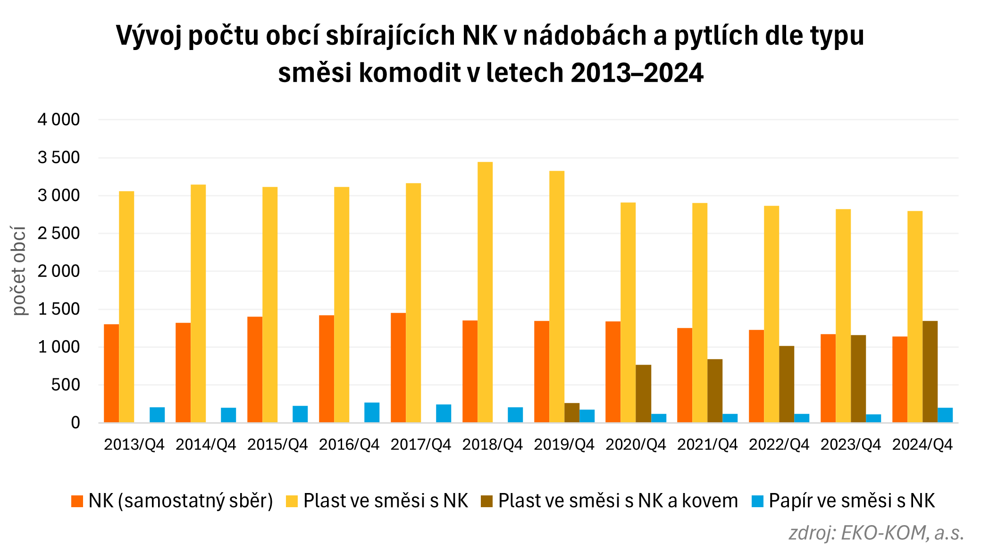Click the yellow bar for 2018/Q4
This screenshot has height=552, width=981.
click(485, 293)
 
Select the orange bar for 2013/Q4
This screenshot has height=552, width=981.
click(111, 373)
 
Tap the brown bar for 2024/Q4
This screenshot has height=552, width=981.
click(930, 372)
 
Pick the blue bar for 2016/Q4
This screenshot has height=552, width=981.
click(372, 412)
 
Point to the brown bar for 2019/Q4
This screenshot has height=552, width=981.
click(572, 413)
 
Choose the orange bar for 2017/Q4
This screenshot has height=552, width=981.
click(398, 368)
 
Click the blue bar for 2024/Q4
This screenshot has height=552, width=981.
click(945, 415)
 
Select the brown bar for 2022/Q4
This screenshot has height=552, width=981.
click(787, 384)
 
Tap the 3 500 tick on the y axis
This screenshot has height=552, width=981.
click(59, 158)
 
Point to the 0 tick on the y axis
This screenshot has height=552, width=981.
click(75, 423)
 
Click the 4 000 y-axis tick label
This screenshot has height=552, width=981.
click(59, 120)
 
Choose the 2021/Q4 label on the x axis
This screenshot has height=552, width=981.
click(707, 444)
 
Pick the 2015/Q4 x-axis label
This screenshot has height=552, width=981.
click(277, 444)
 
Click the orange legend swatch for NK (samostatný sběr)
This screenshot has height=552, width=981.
click(77, 501)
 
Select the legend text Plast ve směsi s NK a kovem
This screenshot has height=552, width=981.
click(618, 501)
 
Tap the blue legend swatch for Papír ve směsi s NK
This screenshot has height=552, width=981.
click(757, 501)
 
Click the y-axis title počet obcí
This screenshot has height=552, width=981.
click(19, 271)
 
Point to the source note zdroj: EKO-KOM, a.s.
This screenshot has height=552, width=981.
click(876, 533)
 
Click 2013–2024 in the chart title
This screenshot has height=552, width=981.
click(637, 74)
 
